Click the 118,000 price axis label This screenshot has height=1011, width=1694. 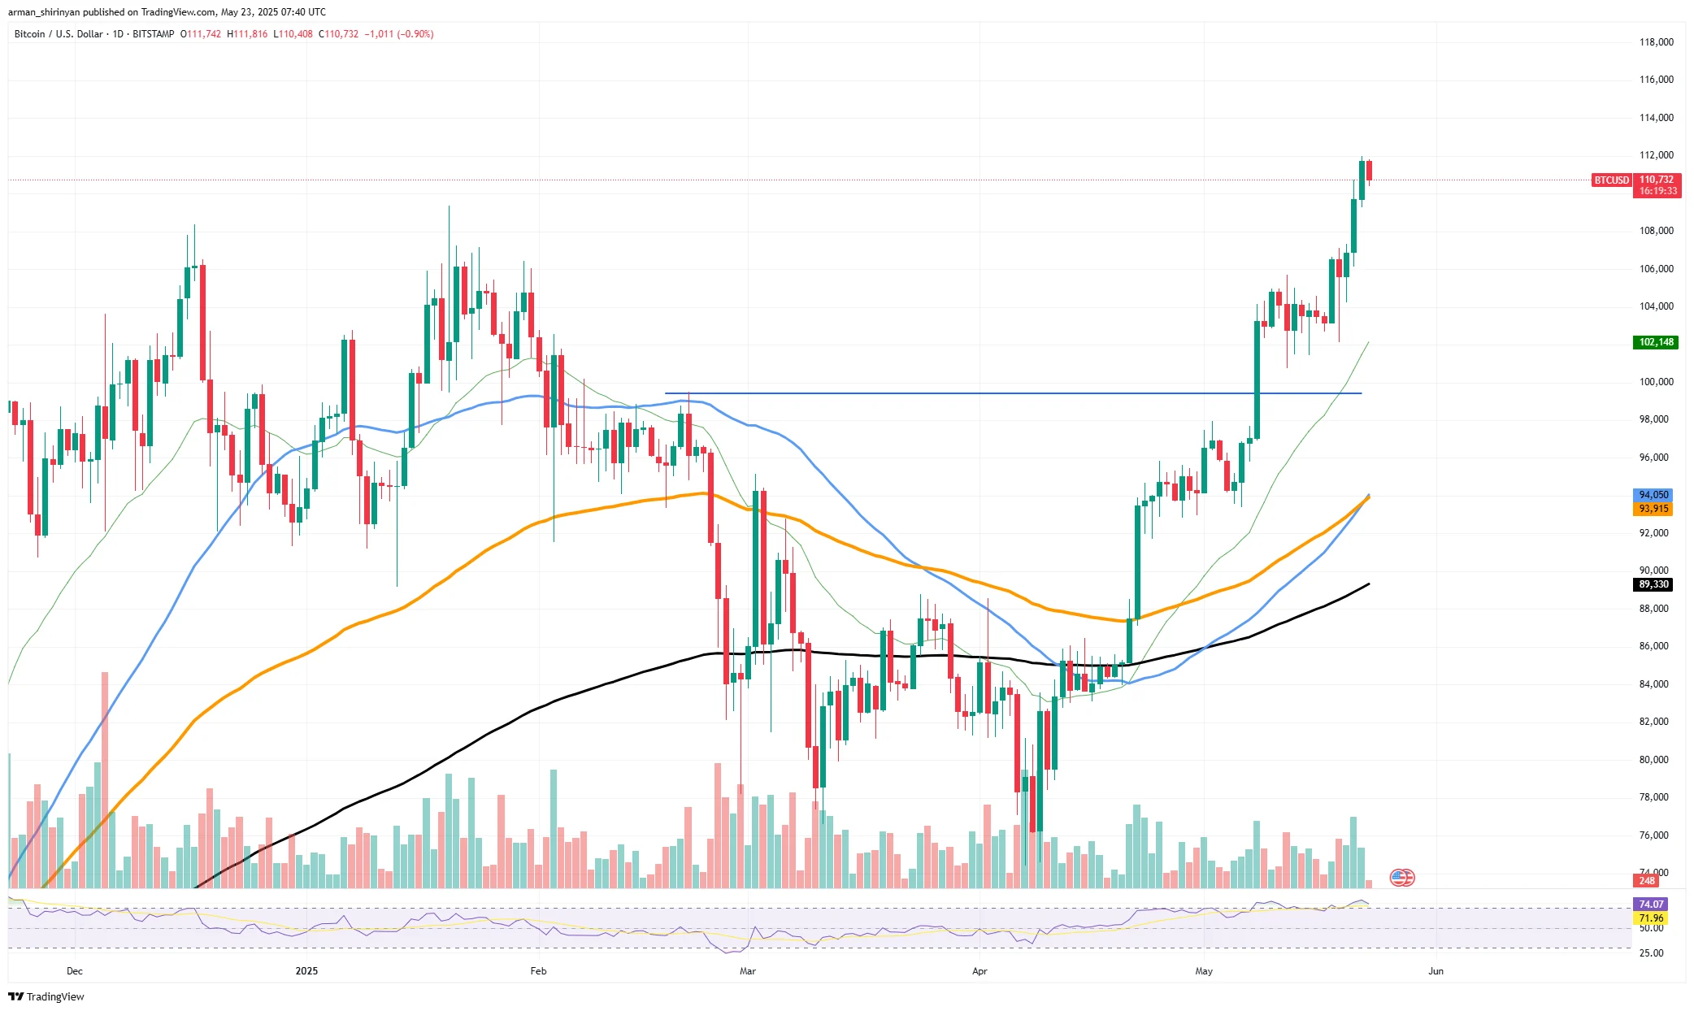(1656, 42)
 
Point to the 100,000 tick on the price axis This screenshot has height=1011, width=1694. (1656, 382)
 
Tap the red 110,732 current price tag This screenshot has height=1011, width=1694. (1656, 180)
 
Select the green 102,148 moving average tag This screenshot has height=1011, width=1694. (1656, 342)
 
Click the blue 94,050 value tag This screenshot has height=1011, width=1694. (1653, 495)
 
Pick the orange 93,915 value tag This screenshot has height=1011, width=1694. (1653, 509)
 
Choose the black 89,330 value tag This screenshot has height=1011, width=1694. (1653, 584)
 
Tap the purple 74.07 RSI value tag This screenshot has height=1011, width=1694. (1651, 904)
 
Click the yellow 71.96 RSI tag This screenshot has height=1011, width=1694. (1651, 918)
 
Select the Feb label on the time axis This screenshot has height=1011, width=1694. (538, 971)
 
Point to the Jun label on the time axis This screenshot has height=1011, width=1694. (1436, 971)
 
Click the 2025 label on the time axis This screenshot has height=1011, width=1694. (306, 971)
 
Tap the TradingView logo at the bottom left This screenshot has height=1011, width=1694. (46, 996)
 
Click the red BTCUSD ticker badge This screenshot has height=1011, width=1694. (1611, 180)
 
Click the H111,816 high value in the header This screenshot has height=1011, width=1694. (247, 34)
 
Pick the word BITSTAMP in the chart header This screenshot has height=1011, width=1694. (153, 34)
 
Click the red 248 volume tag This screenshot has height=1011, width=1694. (1647, 881)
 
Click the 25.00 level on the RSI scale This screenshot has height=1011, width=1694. (1651, 953)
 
